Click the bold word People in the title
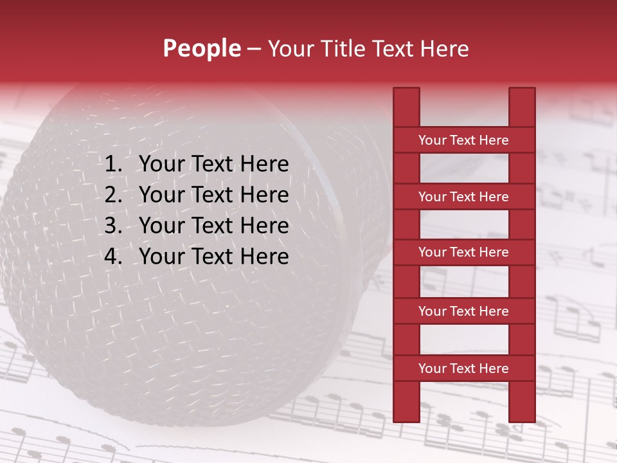[202, 48]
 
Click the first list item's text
[214, 165]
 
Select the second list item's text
[214, 195]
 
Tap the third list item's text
[214, 226]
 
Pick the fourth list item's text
[214, 257]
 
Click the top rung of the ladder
[463, 140]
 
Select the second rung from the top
[463, 197]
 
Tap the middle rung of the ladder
[463, 253]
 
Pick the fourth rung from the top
[463, 311]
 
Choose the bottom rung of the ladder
[463, 368]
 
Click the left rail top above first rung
[406, 107]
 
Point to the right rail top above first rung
[522, 107]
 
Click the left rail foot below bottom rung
[406, 401]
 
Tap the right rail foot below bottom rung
[522, 401]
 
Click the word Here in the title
[443, 48]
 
